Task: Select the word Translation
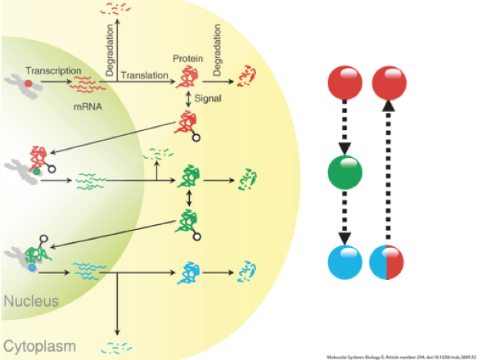tap(145, 75)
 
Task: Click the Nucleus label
tap(30, 302)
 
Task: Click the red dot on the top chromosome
tap(30, 83)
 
